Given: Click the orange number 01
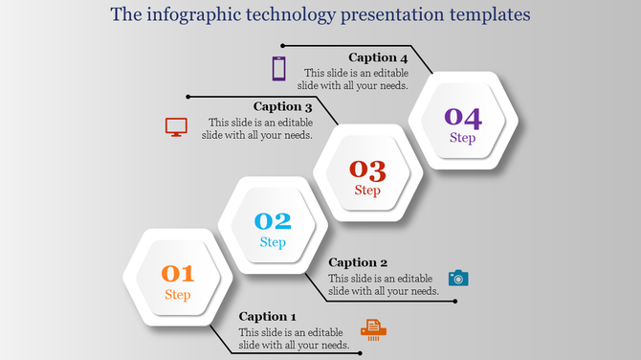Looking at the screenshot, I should click(177, 274).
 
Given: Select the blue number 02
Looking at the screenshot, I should click(273, 221).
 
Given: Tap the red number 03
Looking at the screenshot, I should click(367, 169).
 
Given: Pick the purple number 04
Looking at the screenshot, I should click(463, 118).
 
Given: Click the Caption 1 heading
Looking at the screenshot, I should click(268, 316).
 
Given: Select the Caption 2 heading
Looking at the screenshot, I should click(358, 262).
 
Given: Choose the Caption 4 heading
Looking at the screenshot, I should click(378, 57).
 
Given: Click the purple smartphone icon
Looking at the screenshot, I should click(278, 69).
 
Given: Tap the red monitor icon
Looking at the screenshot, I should click(176, 126).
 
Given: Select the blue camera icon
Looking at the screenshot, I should click(459, 278).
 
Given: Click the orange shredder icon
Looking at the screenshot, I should click(374, 329).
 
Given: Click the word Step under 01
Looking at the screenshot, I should click(177, 294).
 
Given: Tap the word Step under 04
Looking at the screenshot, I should click(463, 138).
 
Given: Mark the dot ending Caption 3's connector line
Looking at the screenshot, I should click(188, 96).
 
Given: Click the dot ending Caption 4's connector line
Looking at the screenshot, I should click(283, 45).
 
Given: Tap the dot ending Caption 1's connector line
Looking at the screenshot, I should click(360, 352).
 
